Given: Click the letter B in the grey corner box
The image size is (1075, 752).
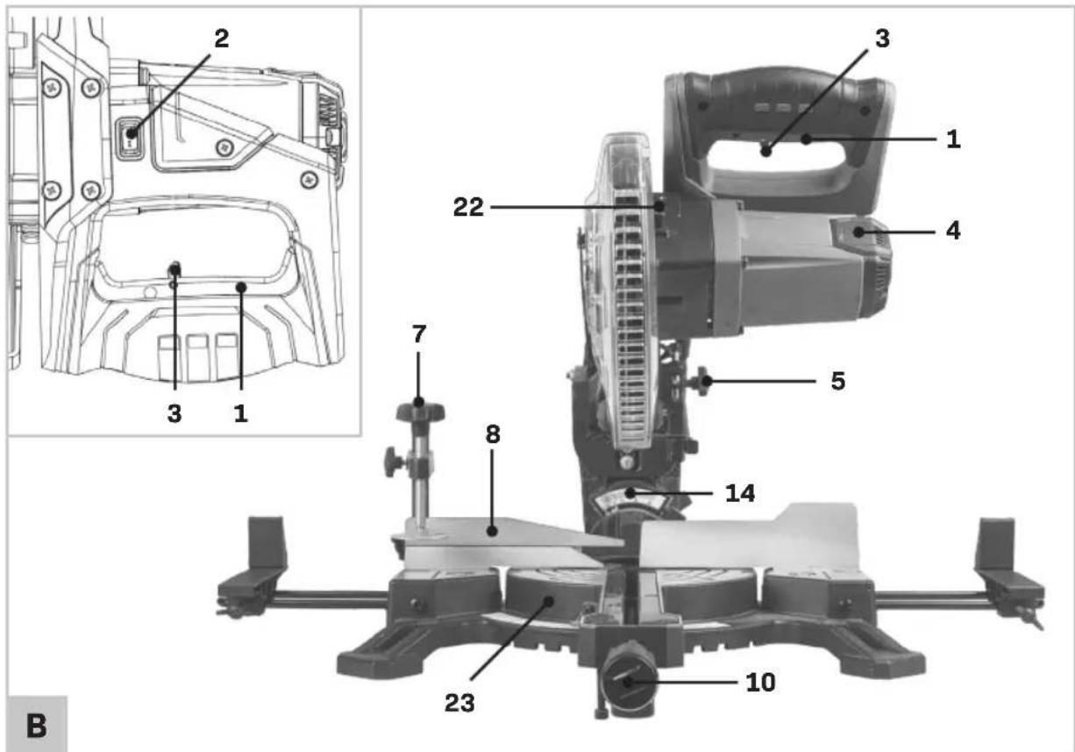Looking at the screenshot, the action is tap(37, 726).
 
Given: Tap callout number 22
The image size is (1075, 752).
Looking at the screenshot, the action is tap(468, 207).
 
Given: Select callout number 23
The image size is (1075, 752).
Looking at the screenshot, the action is tap(459, 703).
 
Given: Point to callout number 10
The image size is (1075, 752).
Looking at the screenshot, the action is tap(760, 682).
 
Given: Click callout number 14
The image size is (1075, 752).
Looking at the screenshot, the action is tap(740, 493).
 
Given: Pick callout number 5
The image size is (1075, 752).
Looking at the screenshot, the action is tap(838, 382).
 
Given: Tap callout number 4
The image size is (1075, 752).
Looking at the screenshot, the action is tap(953, 231).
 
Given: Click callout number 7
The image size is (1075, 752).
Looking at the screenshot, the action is tap(419, 333).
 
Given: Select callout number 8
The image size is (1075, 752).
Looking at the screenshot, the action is tap(493, 434).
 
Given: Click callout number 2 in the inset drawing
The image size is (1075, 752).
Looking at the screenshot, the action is tap(221, 39).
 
